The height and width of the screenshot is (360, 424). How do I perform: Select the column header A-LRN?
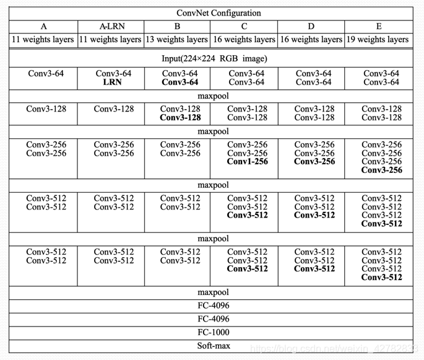(111, 27)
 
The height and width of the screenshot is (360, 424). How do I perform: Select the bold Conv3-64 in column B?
(180, 82)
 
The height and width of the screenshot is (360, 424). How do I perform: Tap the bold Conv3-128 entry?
(180, 118)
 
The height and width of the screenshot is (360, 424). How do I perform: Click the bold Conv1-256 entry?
(248, 162)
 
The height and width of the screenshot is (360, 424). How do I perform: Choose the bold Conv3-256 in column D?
(314, 162)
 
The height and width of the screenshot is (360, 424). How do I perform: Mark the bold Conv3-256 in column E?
(382, 170)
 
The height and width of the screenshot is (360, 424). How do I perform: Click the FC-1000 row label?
(213, 333)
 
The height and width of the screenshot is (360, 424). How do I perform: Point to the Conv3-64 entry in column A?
(46, 74)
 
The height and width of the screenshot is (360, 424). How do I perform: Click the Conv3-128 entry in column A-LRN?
(114, 109)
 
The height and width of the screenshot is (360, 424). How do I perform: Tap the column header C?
(244, 27)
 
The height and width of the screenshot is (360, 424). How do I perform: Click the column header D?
(311, 27)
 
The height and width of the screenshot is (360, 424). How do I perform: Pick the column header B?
(177, 27)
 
